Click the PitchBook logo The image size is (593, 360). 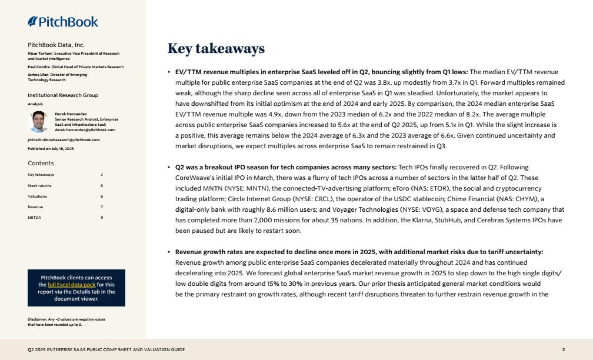point(63,22)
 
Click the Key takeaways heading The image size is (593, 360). point(216,49)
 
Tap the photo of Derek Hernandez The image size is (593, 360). point(39,122)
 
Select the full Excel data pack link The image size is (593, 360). point(72,285)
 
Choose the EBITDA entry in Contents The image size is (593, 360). point(34,217)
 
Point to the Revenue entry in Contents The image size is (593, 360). point(35,206)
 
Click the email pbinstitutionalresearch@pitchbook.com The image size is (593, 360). point(64,140)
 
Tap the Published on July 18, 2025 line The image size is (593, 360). point(51,149)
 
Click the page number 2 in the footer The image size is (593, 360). point(563,350)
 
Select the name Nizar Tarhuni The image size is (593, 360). point(39,54)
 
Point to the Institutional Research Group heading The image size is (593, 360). point(63,95)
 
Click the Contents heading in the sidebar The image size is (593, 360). point(41,164)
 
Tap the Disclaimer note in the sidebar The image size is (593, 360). point(66,322)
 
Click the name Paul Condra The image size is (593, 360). point(38,67)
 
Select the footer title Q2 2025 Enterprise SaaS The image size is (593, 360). point(106,350)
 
